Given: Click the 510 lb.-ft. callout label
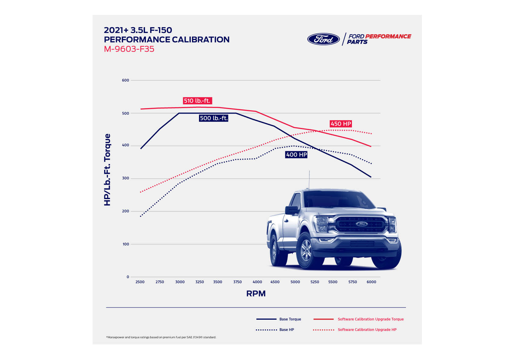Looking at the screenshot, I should click(x=197, y=101).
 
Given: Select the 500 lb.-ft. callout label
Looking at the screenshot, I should click(x=214, y=118).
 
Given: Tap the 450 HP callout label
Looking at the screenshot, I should click(x=341, y=124).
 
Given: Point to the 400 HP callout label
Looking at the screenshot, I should click(x=296, y=155).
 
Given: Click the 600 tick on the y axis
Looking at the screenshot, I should click(x=125, y=80).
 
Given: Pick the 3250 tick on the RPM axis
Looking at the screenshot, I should click(x=200, y=282).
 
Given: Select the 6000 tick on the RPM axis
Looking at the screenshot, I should click(x=371, y=282).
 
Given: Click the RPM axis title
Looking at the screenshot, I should click(x=256, y=293).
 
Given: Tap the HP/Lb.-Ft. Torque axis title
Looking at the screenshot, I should click(x=107, y=170).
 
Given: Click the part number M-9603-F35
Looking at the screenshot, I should click(x=129, y=49).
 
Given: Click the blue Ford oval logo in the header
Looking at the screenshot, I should click(x=323, y=39).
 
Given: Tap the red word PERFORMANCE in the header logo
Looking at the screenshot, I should click(x=388, y=36).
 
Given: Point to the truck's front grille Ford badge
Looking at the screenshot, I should click(x=362, y=224).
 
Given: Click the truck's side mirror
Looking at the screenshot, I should click(x=291, y=210).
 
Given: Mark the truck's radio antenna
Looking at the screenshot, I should click(x=309, y=180).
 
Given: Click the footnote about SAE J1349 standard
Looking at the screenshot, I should click(x=161, y=337).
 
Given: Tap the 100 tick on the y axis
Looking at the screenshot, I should click(x=126, y=244).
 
